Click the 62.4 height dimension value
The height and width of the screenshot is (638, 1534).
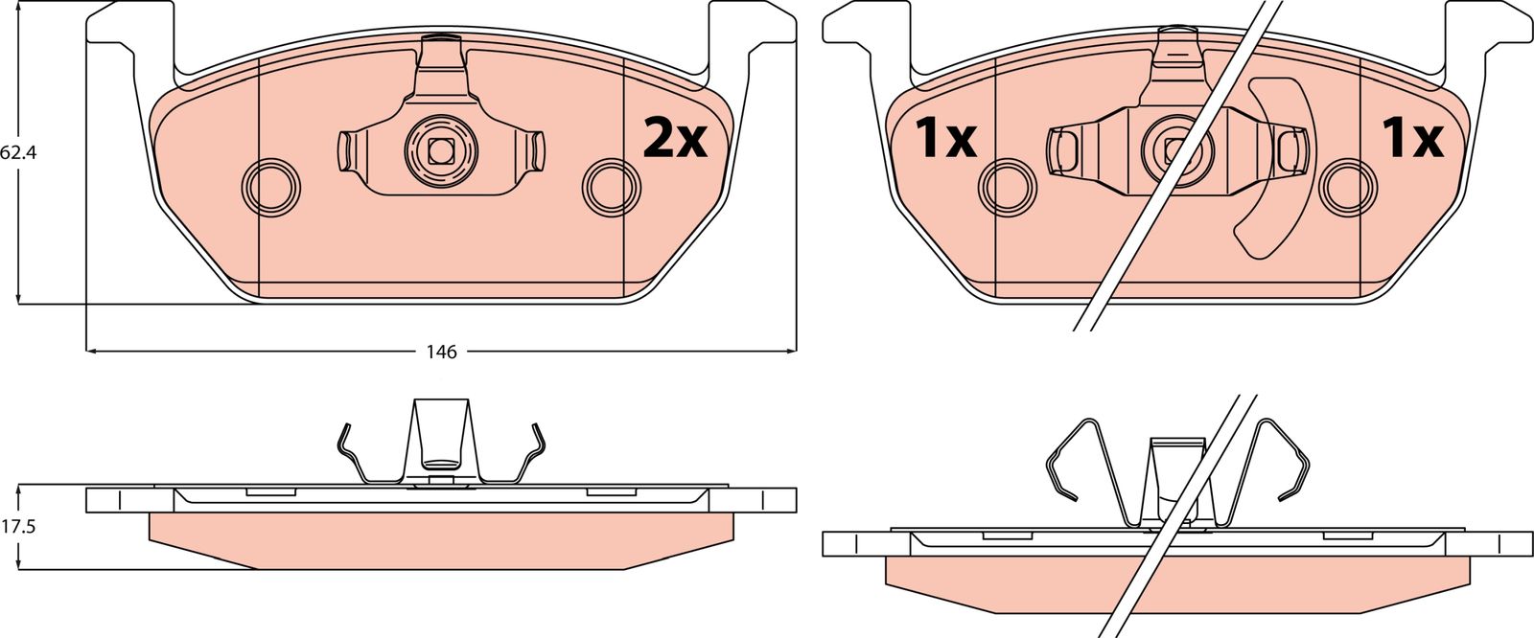click(x=18, y=152)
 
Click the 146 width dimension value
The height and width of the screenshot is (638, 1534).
click(x=441, y=352)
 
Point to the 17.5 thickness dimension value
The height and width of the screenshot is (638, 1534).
click(x=18, y=527)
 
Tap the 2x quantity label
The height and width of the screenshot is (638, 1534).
click(x=675, y=140)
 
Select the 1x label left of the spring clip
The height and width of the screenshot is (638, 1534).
click(x=945, y=139)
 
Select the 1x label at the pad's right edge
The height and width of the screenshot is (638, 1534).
click(x=1413, y=139)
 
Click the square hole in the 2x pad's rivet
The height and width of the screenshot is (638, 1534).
click(x=440, y=150)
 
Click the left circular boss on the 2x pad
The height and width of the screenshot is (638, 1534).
click(x=271, y=186)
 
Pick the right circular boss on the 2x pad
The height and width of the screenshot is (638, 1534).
click(x=611, y=187)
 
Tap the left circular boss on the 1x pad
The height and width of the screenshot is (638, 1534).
click(x=1008, y=187)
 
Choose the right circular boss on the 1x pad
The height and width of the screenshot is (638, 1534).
click(x=1347, y=187)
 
